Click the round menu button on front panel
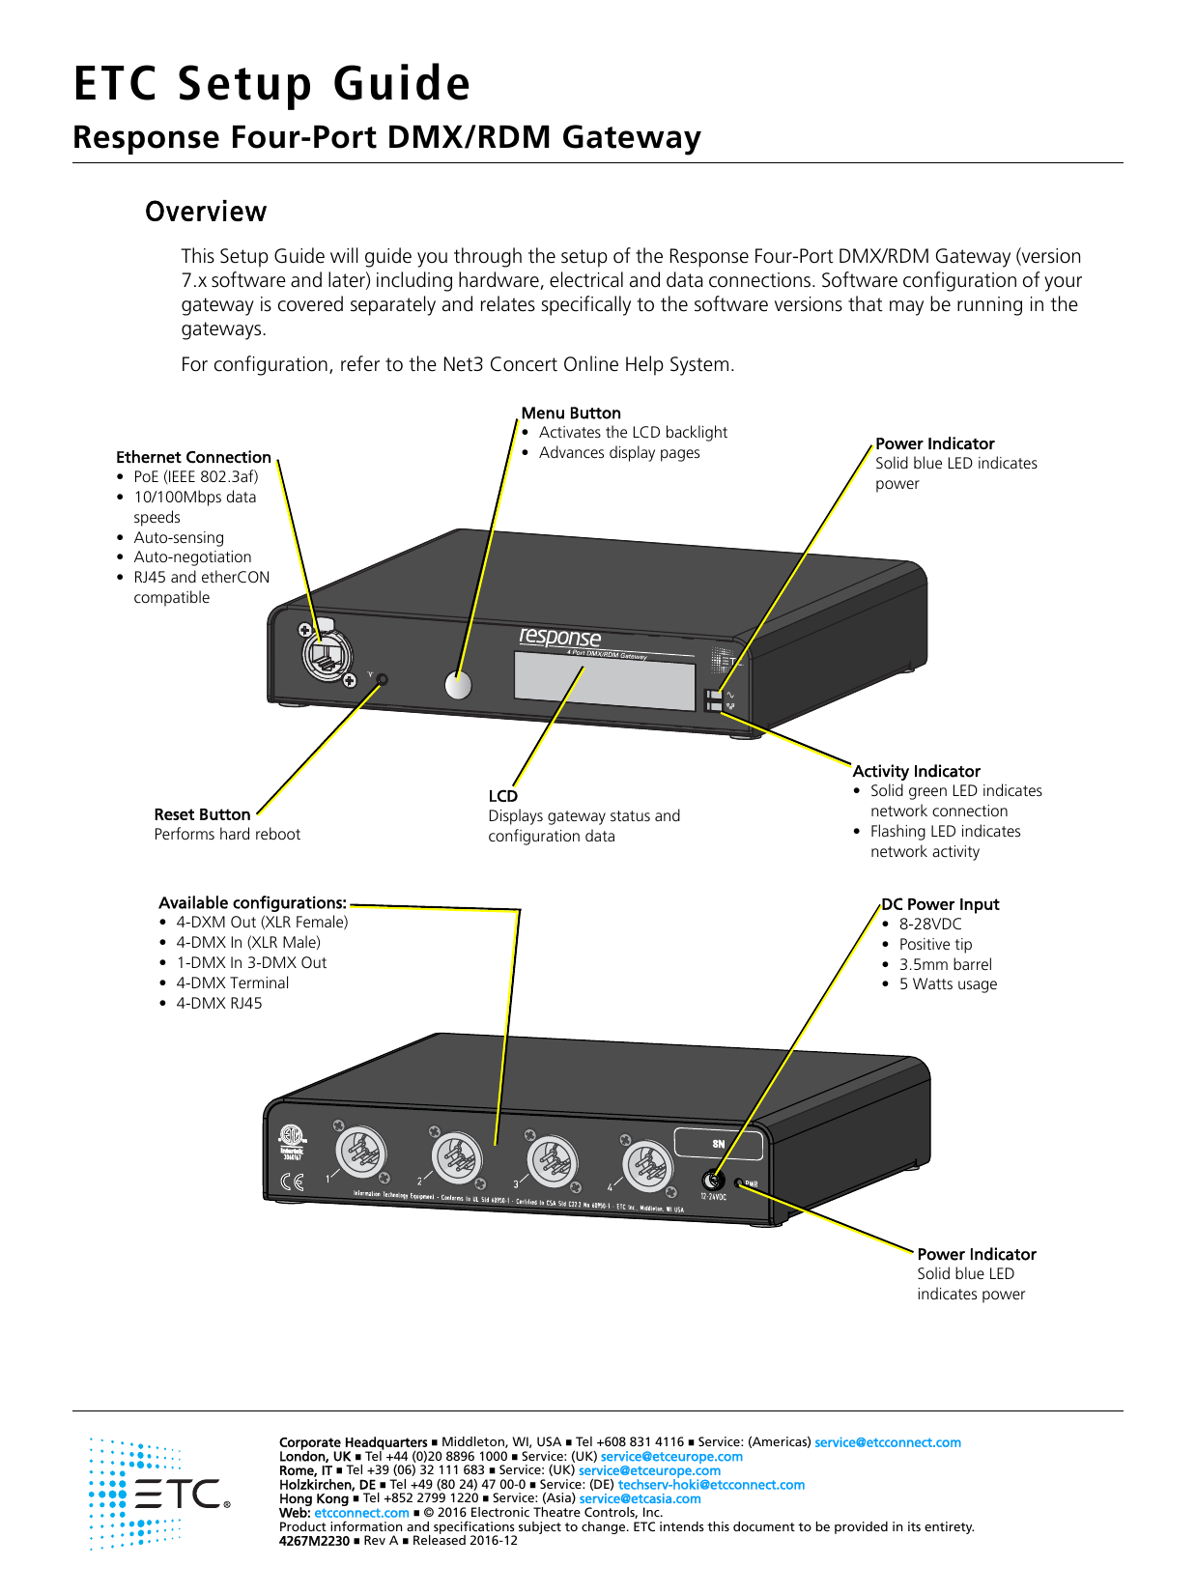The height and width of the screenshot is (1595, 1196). click(458, 684)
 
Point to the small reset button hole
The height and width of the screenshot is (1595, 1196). click(382, 679)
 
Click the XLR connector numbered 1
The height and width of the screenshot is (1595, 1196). click(361, 1153)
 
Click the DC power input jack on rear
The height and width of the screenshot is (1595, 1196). click(713, 1180)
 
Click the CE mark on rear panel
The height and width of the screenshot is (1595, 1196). click(292, 1181)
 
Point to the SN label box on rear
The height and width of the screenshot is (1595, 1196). click(718, 1144)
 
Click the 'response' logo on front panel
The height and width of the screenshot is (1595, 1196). click(560, 638)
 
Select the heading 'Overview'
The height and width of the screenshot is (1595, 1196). click(206, 212)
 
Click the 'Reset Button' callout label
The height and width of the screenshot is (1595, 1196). click(202, 814)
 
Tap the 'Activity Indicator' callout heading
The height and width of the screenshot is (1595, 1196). click(916, 771)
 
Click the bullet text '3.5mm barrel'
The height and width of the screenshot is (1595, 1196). click(945, 964)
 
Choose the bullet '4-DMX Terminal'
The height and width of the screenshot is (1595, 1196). click(232, 983)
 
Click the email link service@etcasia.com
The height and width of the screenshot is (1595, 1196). click(640, 1498)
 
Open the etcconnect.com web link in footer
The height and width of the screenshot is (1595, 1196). click(361, 1513)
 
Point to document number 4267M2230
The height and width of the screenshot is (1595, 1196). click(314, 1541)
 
